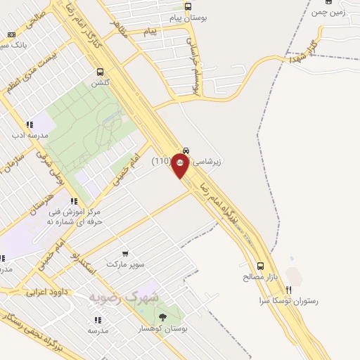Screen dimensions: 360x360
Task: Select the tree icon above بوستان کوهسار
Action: (x=163, y=318)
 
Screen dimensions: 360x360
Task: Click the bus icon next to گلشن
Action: (x=100, y=71)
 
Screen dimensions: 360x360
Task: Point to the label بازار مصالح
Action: (x=262, y=277)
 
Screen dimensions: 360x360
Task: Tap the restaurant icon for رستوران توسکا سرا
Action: (x=288, y=289)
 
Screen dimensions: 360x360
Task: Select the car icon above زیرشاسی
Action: (x=186, y=150)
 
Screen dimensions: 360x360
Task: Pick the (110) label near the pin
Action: (x=162, y=161)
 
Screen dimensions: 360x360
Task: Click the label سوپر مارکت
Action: (x=125, y=264)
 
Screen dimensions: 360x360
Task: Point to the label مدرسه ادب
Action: (x=30, y=134)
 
